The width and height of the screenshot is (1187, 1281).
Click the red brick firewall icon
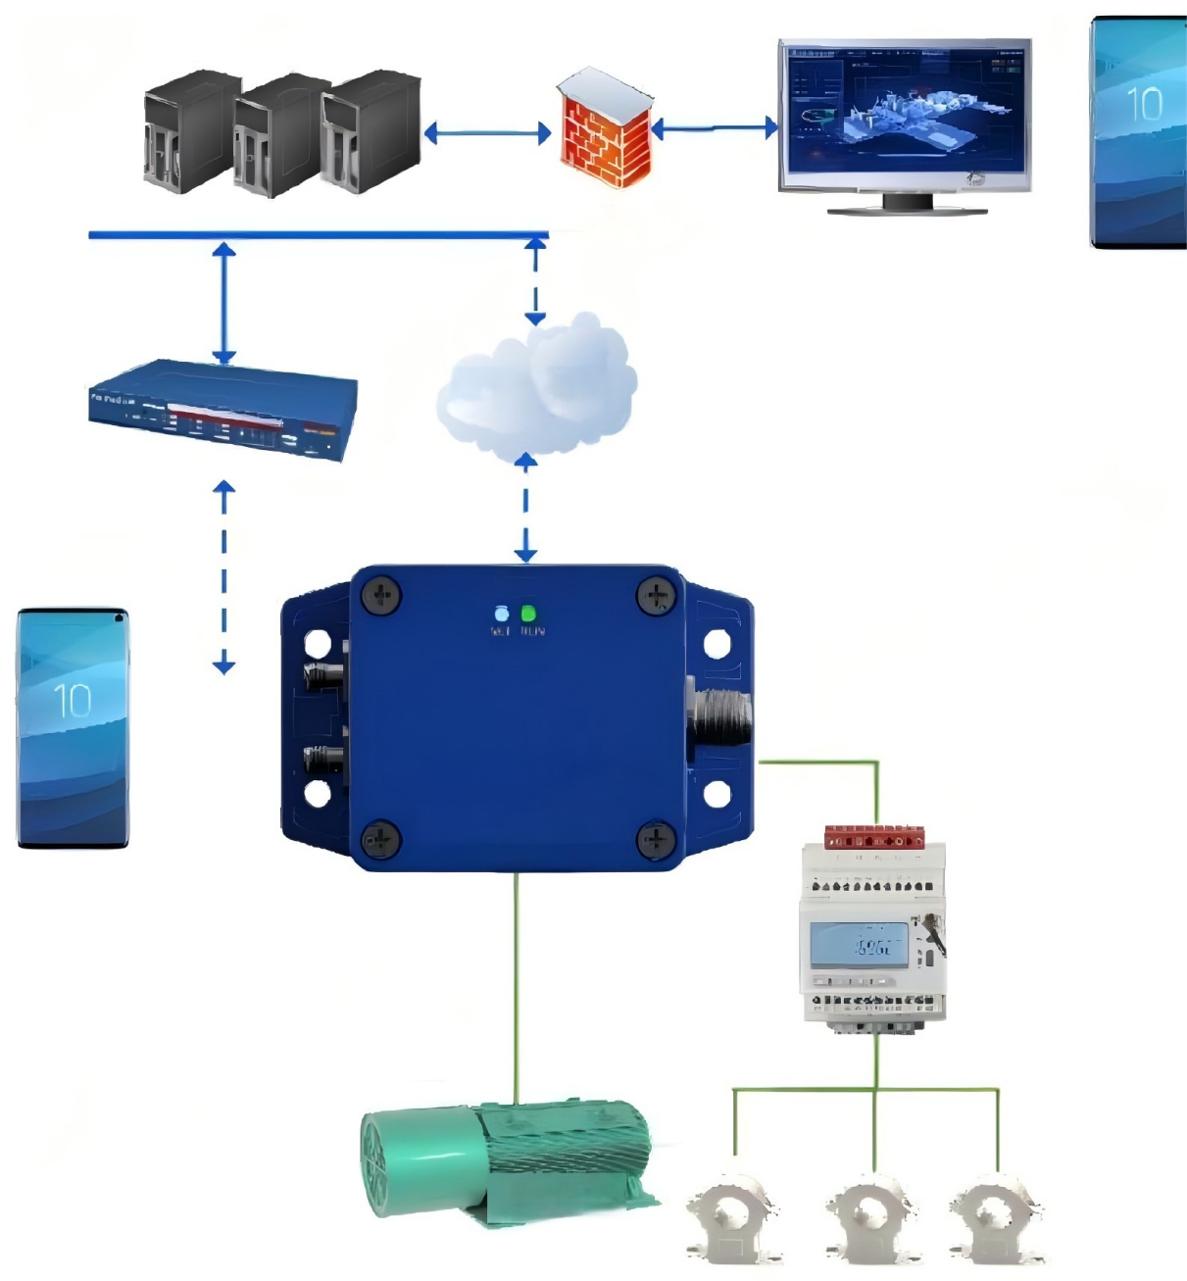point(606,129)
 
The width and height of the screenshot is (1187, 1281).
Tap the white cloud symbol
point(537,388)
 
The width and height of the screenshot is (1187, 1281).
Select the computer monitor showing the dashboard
point(904,118)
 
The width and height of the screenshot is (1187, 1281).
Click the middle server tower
point(279,135)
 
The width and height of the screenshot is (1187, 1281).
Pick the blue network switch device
point(223,411)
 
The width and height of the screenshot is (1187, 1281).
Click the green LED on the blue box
point(529,615)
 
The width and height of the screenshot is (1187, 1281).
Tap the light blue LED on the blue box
point(502,615)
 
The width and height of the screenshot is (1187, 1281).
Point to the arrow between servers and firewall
point(487,133)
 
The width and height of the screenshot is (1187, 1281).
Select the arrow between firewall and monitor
point(715,127)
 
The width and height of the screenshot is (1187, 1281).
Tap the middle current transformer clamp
point(871,1218)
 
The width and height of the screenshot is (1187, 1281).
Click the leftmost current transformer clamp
point(734,1218)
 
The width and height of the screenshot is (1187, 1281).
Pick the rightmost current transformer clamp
point(997,1218)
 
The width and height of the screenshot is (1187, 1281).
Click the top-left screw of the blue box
point(381,595)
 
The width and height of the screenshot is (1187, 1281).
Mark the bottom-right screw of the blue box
point(654,839)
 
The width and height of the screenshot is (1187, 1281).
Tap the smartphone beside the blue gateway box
point(73,727)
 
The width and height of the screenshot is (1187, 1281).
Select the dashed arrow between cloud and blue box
point(526,509)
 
